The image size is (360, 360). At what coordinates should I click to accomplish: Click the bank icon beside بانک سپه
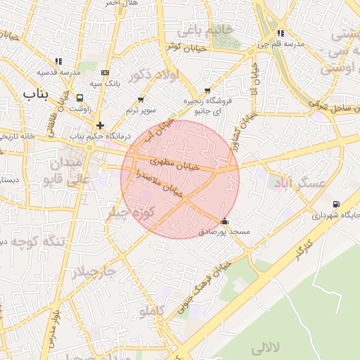[x=105, y=72]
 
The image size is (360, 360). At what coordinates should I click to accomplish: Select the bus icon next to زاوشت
[x=79, y=98]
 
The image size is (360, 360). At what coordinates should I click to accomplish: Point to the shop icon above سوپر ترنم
[x=141, y=100]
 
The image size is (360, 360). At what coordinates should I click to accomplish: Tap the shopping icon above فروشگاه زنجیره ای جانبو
[x=207, y=91]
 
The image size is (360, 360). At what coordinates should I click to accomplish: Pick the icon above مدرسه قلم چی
[x=281, y=33]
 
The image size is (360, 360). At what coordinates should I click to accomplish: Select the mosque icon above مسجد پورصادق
[x=224, y=220]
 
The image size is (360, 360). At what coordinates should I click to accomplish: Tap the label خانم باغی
[x=205, y=30]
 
